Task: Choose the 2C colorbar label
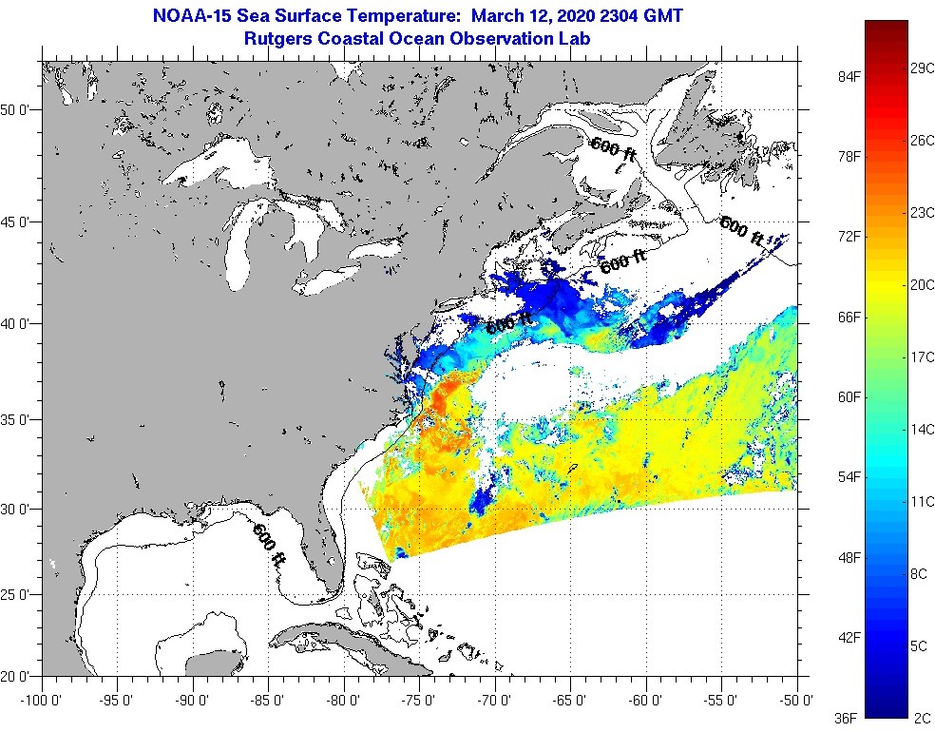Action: (x=919, y=717)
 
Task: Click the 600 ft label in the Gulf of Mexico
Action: (x=268, y=545)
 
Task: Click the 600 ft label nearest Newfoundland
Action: (x=742, y=231)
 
